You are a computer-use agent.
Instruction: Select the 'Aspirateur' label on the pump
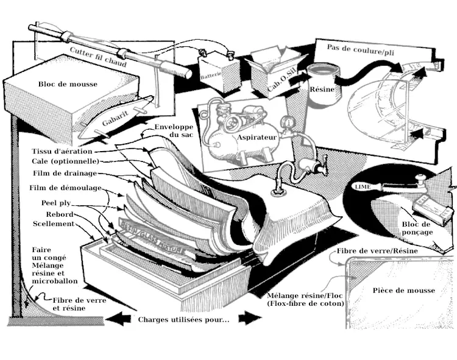pos(257,138)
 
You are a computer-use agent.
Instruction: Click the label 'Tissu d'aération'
pos(62,151)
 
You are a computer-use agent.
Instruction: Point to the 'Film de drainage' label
pos(64,174)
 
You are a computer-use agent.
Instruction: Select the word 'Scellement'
pos(54,224)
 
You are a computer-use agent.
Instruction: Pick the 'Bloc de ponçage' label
pos(417,228)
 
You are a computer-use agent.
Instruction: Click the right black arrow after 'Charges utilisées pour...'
pos(249,319)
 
